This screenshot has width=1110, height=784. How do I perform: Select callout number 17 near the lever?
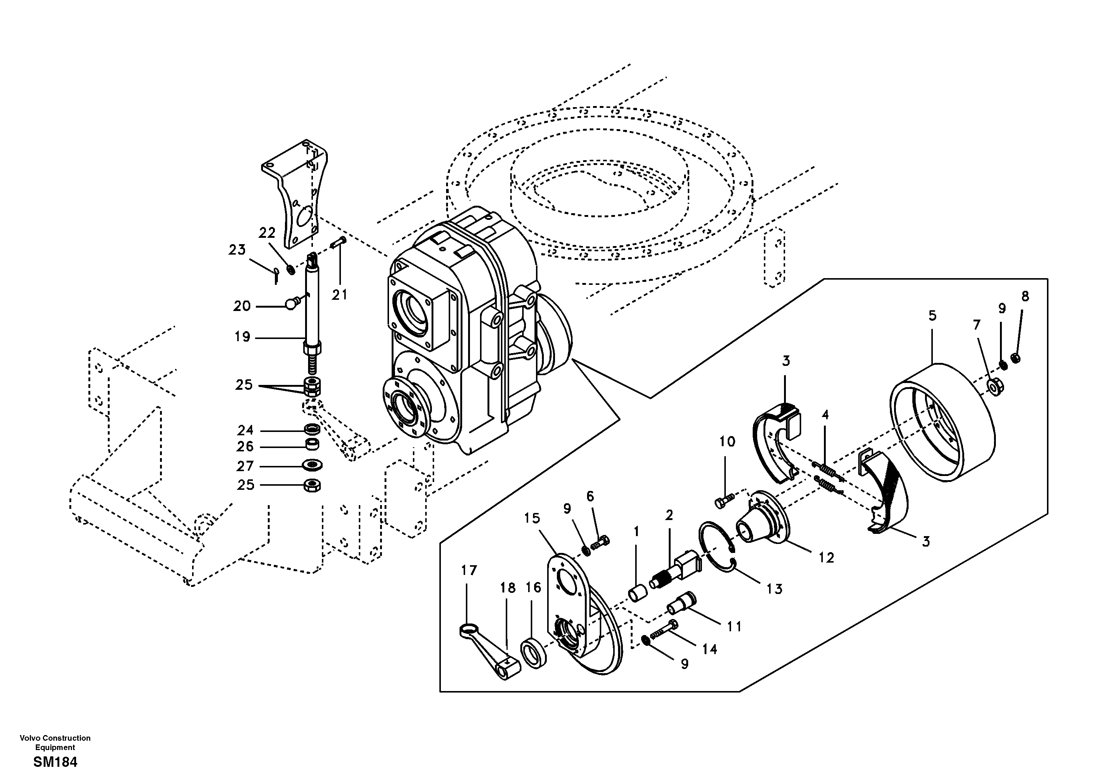pos(468,570)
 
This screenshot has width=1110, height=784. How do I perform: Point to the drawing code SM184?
pos(55,762)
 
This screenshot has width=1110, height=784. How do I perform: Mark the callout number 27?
pos(245,466)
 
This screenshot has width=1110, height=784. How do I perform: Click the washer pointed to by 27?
pos(313,466)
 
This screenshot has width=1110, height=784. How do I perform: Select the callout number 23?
pos(237,250)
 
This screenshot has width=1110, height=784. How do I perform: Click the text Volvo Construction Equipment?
pos(55,743)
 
